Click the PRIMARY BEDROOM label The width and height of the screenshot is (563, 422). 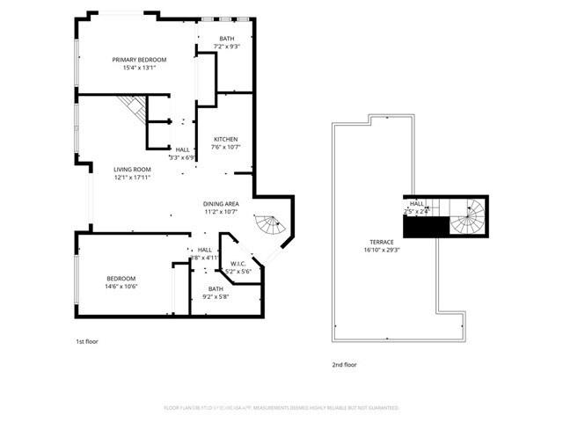pos(139,60)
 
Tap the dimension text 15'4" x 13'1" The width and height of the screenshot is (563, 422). pos(139,68)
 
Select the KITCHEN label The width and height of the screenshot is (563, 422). pos(226,140)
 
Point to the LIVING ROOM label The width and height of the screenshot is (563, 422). pos(132,169)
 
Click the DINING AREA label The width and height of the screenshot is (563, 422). pos(221,203)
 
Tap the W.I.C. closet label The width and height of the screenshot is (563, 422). pos(238,264)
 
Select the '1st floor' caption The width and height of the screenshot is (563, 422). pos(87,341)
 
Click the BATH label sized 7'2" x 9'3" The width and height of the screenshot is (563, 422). pos(226,38)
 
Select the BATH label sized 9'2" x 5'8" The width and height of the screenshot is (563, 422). pos(216,288)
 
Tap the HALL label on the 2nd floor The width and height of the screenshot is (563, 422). pos(417,203)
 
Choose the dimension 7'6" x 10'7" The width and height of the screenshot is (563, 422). pos(226,148)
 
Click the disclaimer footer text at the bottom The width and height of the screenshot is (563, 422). pos(281,408)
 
